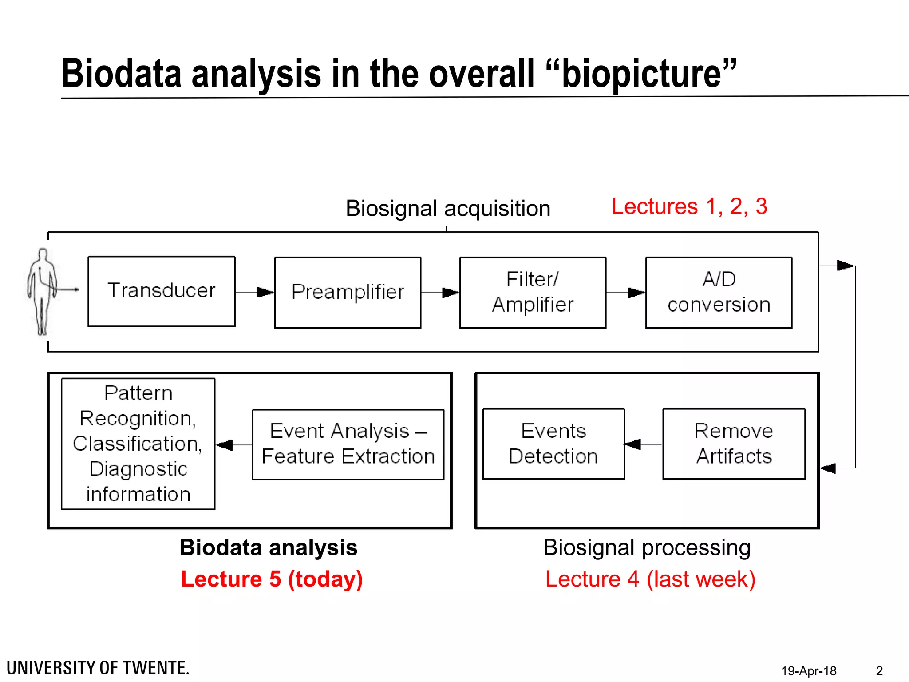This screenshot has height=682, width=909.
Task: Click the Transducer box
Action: (162, 291)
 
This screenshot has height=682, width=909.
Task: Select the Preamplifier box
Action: (348, 293)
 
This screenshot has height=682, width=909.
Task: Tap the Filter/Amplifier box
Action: (533, 293)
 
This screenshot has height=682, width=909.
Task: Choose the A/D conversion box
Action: (719, 293)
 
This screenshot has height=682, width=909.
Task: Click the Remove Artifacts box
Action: (734, 444)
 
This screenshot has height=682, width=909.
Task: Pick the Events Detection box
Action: (553, 444)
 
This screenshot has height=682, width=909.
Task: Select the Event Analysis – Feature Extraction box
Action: (348, 444)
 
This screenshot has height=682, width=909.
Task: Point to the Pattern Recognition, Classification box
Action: (138, 444)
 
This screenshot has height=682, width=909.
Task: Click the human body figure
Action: (43, 291)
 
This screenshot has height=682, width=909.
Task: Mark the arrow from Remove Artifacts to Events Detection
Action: (643, 444)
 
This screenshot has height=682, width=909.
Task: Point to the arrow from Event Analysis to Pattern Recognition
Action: (234, 444)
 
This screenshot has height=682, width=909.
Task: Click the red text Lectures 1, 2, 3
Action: (689, 206)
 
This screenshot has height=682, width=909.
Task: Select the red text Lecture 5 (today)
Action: (272, 579)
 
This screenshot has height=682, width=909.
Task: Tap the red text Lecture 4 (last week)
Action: (650, 579)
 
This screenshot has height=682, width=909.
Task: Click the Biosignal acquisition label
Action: (448, 208)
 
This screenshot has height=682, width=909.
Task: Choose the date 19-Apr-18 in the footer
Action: (809, 670)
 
